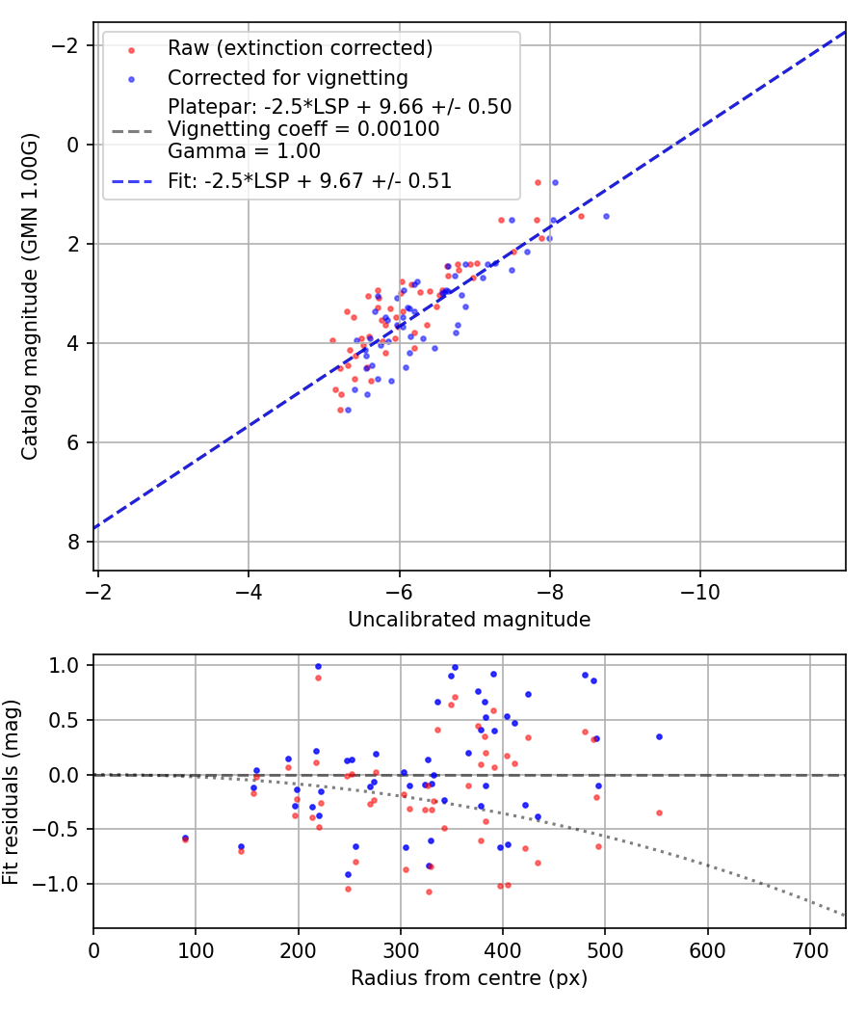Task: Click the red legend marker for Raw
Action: pyautogui.click(x=132, y=50)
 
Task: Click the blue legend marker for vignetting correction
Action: pyautogui.click(x=132, y=80)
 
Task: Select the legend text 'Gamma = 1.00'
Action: pyautogui.click(x=244, y=151)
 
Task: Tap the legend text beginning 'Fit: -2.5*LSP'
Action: pyautogui.click(x=309, y=181)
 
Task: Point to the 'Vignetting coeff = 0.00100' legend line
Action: pyautogui.click(x=303, y=129)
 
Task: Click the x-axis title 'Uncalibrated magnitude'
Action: pyautogui.click(x=469, y=620)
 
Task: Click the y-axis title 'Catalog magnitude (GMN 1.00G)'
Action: pyautogui.click(x=30, y=297)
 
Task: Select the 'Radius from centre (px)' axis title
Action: pyautogui.click(x=469, y=978)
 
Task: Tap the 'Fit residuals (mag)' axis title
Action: pyautogui.click(x=11, y=792)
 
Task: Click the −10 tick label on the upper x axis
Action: pyautogui.click(x=700, y=592)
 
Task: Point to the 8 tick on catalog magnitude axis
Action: pyautogui.click(x=73, y=542)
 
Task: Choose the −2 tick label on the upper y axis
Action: pyautogui.click(x=64, y=46)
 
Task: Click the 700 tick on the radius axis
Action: pyautogui.click(x=810, y=950)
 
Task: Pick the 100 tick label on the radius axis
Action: pyautogui.click(x=196, y=950)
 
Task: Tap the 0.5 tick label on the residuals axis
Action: pyautogui.click(x=66, y=720)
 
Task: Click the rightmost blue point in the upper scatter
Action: pyautogui.click(x=606, y=216)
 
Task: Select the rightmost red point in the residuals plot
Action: pyautogui.click(x=659, y=813)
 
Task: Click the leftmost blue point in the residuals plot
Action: pyautogui.click(x=186, y=838)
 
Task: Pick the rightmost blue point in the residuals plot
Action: pyautogui.click(x=659, y=736)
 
